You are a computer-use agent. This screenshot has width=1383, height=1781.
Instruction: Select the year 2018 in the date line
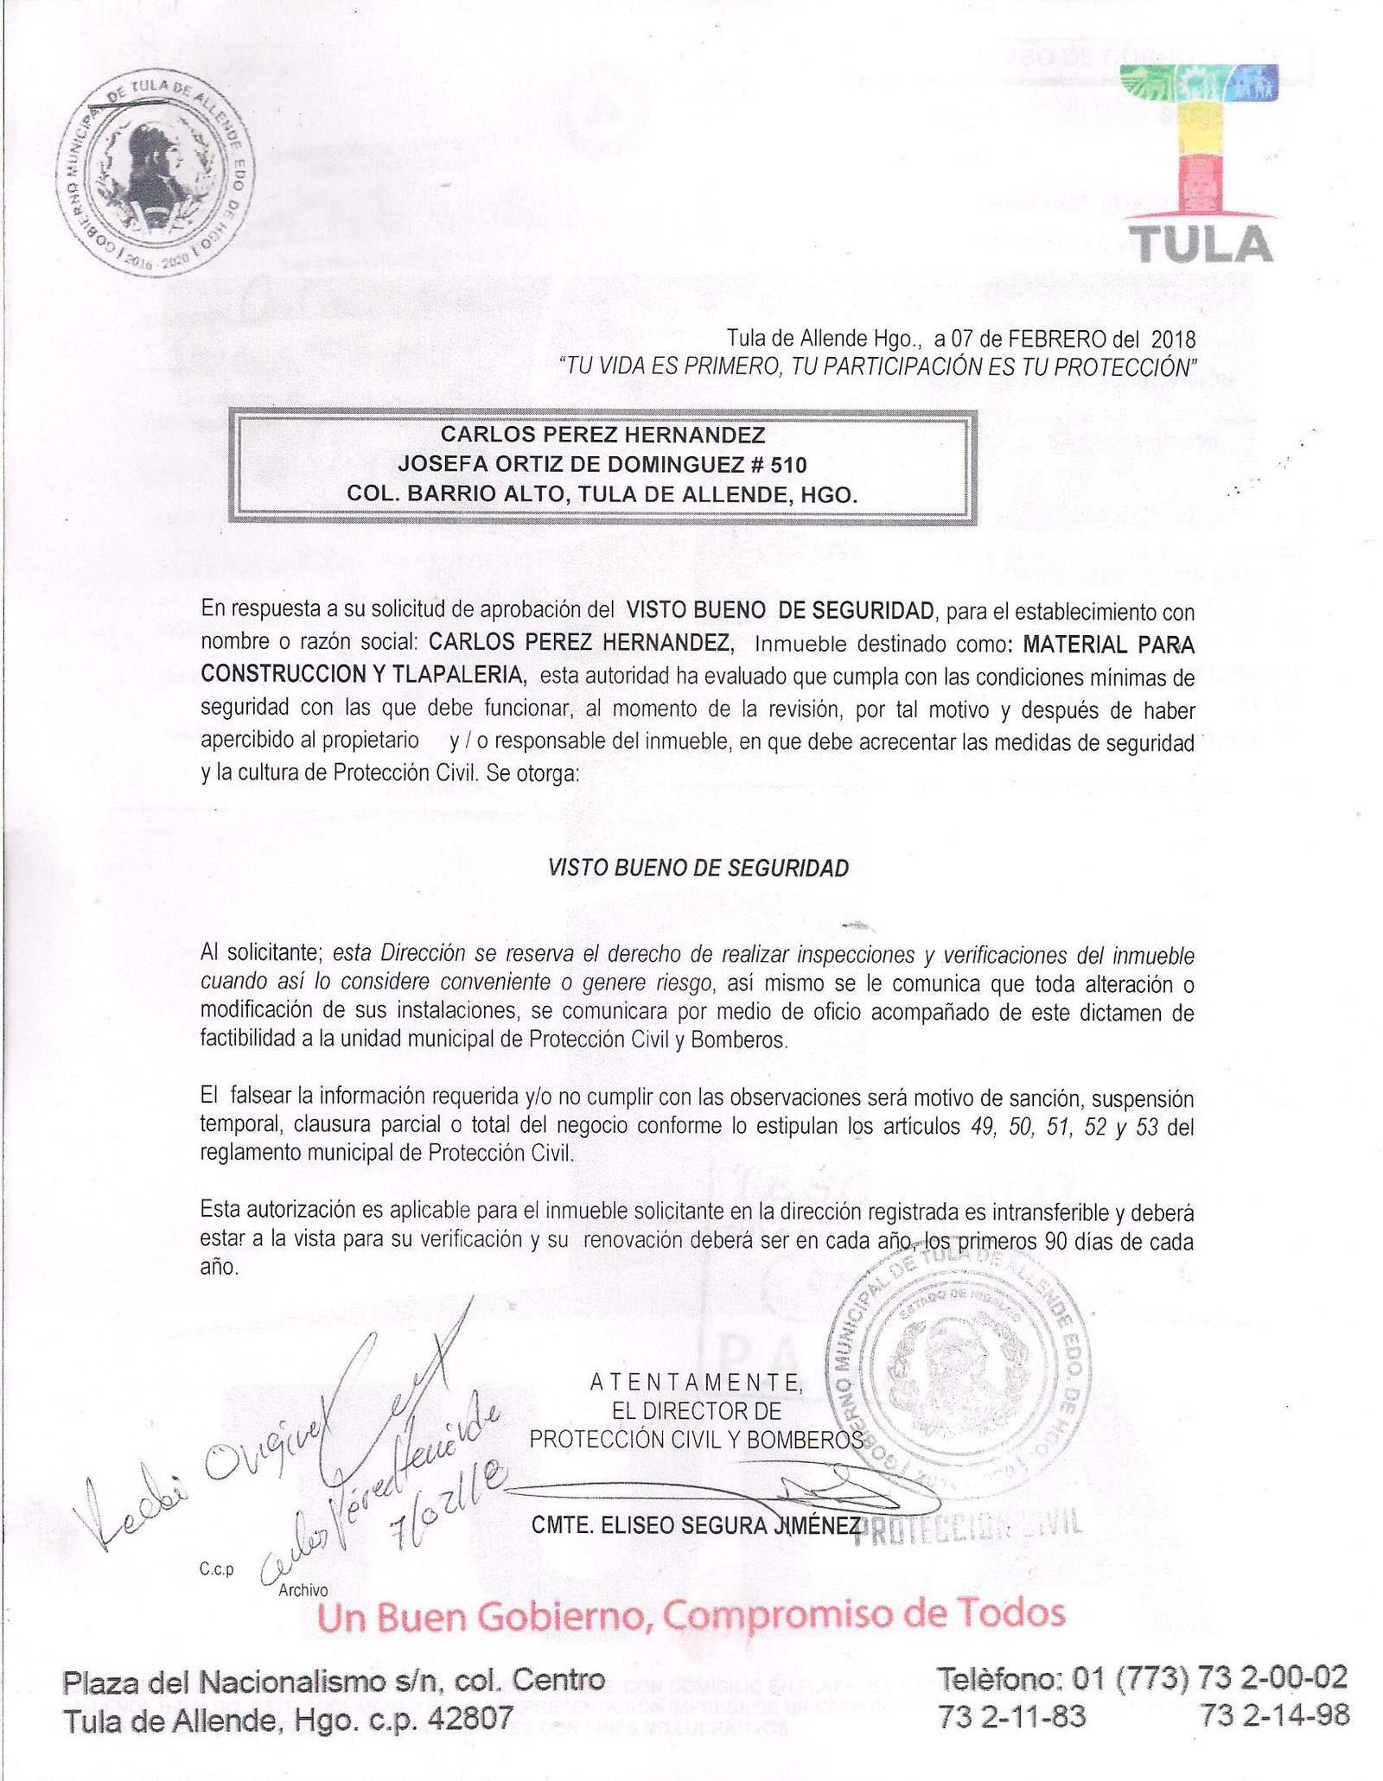1174,338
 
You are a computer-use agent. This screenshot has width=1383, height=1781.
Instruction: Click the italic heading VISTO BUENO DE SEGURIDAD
698,868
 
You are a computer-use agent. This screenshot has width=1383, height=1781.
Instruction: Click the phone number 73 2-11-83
1011,1716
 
